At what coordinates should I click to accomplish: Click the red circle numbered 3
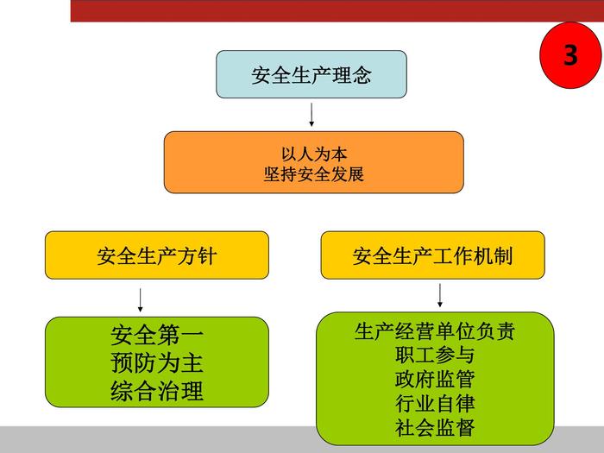570,56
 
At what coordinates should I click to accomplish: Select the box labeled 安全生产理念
311,74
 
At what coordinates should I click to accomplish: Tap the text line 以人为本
314,154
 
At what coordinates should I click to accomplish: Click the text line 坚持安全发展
314,173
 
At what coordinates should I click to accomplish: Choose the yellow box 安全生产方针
156,255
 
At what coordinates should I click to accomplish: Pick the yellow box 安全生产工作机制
432,255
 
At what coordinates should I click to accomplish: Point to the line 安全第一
156,335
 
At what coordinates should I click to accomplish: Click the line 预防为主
156,362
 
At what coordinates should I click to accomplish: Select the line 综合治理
156,390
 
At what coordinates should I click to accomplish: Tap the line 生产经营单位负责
435,331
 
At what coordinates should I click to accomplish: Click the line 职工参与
435,355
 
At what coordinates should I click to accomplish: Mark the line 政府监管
435,379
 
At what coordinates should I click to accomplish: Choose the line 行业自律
435,403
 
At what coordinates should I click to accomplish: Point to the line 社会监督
435,427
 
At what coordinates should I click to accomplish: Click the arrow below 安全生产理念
311,114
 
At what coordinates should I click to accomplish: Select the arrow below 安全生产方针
140,299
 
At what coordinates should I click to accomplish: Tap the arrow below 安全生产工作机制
440,295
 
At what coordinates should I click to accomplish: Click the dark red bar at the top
337,10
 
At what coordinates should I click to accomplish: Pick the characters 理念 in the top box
351,75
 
